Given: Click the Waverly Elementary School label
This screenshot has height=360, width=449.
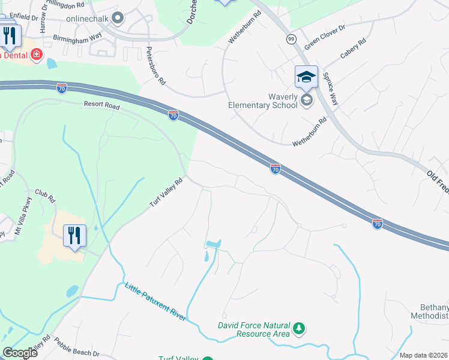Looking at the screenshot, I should [x=263, y=100].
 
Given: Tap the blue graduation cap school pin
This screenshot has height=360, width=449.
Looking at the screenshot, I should [x=306, y=77].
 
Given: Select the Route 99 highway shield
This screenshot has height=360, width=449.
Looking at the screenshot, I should [x=291, y=39].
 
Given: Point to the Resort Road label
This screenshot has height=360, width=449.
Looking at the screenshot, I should [x=102, y=106].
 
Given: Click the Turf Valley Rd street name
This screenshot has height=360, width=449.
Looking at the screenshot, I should [x=166, y=194].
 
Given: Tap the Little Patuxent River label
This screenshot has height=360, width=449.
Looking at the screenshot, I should [x=155, y=302].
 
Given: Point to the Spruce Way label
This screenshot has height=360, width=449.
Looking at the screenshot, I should [x=330, y=89].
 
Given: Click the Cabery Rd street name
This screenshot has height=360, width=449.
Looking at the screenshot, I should [x=352, y=50].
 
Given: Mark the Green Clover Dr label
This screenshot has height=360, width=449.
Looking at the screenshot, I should [x=325, y=37].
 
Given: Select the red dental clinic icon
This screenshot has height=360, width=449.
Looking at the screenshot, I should [x=37, y=55].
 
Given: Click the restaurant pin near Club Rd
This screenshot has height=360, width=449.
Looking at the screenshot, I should [x=74, y=235].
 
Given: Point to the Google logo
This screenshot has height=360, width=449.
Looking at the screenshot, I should [x=20, y=352].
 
